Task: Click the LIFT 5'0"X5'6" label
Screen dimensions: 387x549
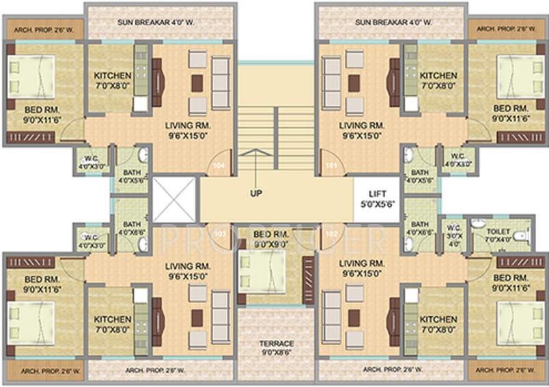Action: tap(378, 198)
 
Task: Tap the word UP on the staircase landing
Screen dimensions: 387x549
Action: tap(256, 193)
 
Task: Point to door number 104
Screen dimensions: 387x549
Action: tap(219, 165)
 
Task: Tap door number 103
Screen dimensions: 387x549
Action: tap(219, 233)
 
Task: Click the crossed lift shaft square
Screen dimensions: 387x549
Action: tap(173, 200)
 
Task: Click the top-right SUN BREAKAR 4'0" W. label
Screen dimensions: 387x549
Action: tap(393, 22)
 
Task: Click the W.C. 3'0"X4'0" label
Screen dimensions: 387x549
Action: tap(453, 235)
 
